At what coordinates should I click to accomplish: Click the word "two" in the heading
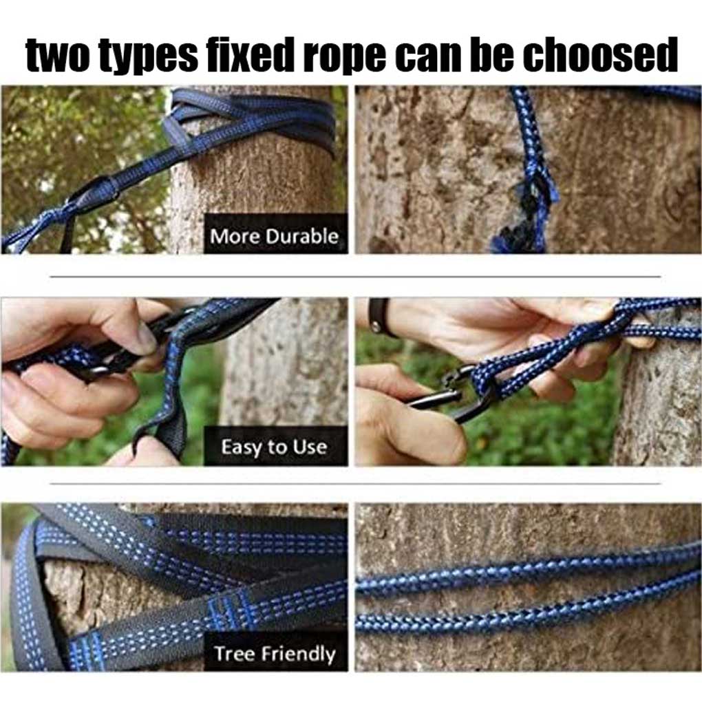(x=58, y=55)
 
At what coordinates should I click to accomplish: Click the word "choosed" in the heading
(x=600, y=54)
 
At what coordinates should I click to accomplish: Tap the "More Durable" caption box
(x=276, y=234)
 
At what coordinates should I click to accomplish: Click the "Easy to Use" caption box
(x=276, y=446)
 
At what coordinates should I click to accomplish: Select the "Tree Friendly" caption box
(x=276, y=652)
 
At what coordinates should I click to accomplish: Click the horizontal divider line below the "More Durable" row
(x=355, y=277)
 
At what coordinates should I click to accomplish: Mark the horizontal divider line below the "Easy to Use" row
(x=355, y=484)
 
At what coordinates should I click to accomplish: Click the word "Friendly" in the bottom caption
(x=298, y=655)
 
